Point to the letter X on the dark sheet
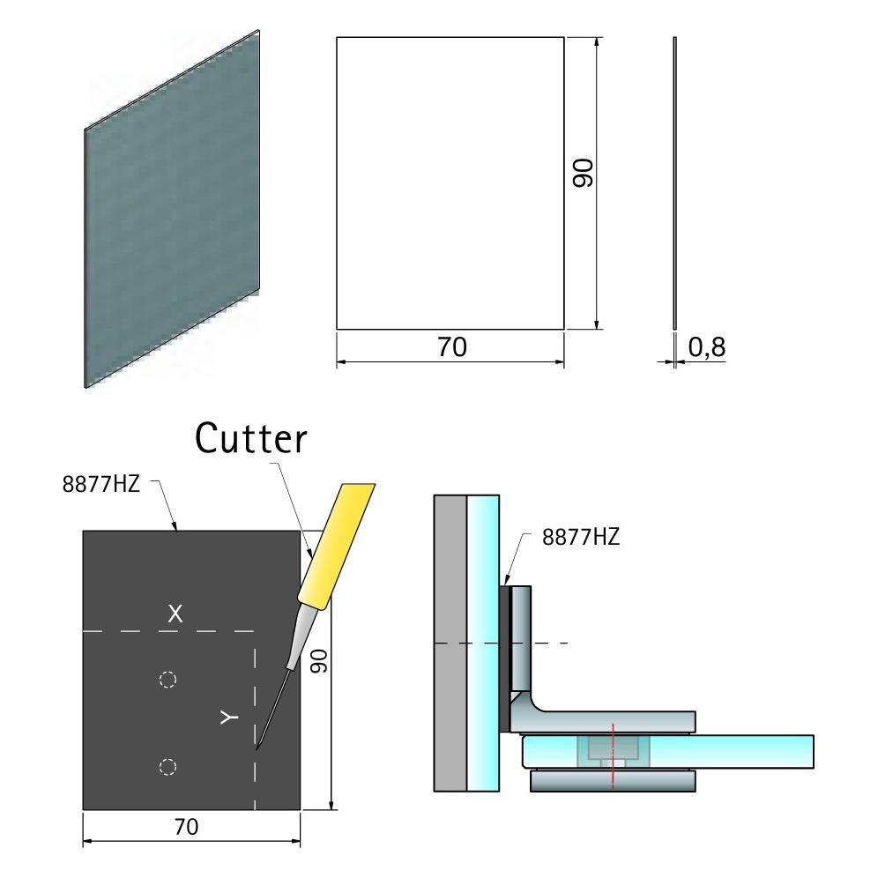click(175, 614)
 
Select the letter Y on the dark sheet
click(229, 718)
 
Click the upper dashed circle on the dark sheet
click(168, 680)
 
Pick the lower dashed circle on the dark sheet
click(168, 767)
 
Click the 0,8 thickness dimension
click(707, 347)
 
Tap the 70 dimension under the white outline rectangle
click(452, 347)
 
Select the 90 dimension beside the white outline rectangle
click(583, 173)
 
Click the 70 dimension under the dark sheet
click(187, 827)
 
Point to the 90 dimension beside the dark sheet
click(318, 661)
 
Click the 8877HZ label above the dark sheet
click(100, 484)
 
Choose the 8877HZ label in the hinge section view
click(581, 537)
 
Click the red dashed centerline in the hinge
click(614, 756)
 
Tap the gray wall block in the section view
click(450, 643)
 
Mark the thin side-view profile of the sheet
click(674, 183)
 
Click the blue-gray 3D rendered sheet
click(172, 208)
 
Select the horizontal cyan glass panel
click(667, 751)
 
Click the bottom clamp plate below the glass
click(613, 781)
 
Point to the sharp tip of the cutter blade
click(257, 748)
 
